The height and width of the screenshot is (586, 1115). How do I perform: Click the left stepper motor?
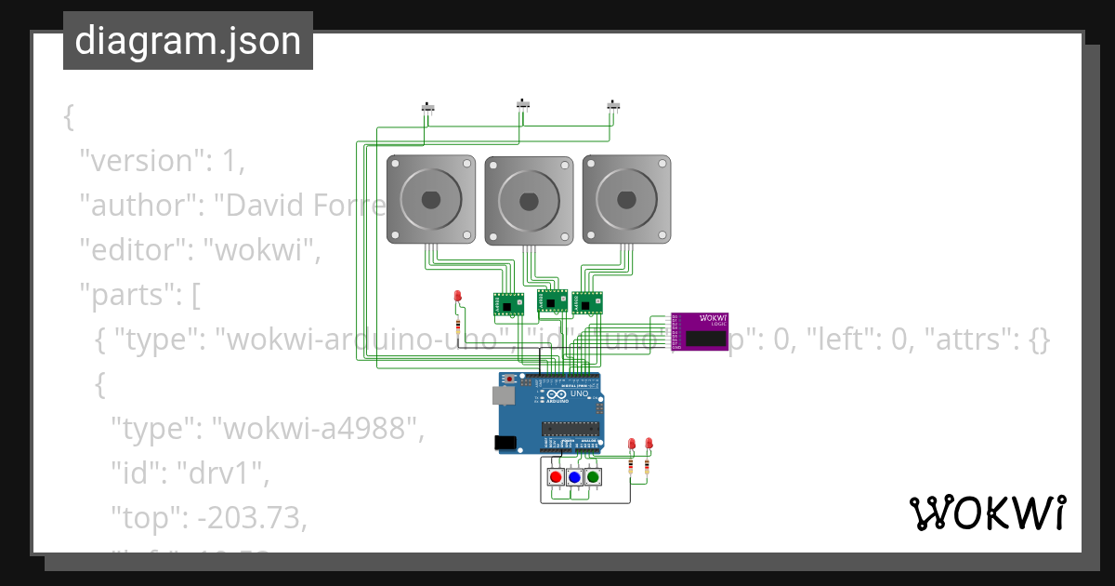(x=431, y=199)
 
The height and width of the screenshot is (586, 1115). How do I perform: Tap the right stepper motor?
(x=627, y=199)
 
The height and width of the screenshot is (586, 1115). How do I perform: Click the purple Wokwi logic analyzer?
(x=700, y=332)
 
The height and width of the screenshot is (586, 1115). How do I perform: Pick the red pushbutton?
(x=556, y=477)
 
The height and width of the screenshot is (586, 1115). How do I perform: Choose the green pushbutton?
(x=593, y=477)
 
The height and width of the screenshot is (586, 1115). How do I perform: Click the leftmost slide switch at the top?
(x=428, y=108)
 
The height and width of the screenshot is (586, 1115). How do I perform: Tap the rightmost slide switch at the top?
(x=613, y=107)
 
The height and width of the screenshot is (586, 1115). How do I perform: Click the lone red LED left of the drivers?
(x=457, y=296)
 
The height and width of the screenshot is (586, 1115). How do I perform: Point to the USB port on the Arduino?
(x=502, y=396)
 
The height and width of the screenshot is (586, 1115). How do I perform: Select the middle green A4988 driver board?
(x=552, y=300)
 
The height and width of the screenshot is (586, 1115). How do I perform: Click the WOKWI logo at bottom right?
(x=987, y=513)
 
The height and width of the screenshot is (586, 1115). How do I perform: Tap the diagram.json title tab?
(x=188, y=41)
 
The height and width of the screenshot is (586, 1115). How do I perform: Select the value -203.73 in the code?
(x=252, y=518)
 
